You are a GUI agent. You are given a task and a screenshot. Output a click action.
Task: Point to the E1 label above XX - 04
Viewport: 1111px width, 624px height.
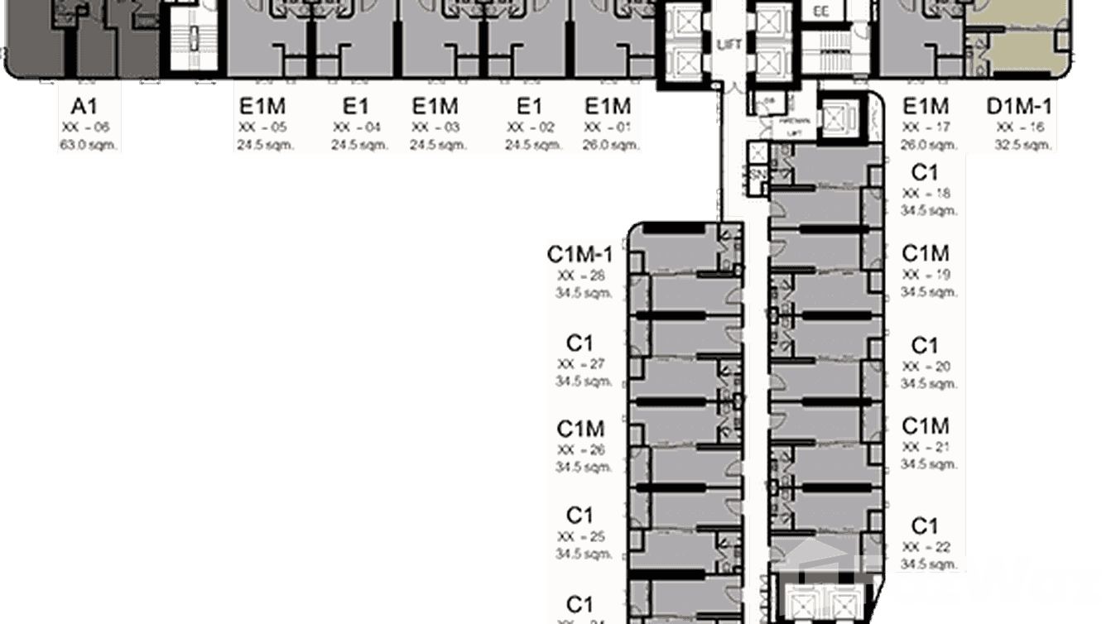(x=355, y=107)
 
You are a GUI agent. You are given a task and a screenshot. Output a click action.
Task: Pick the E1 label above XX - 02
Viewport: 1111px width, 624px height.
(x=529, y=107)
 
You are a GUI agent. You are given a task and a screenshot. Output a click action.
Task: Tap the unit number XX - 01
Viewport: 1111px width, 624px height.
(x=608, y=127)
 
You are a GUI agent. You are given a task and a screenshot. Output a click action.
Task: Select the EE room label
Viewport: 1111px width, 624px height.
(x=821, y=12)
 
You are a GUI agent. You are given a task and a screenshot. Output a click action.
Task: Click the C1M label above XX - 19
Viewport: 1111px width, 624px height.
(x=926, y=253)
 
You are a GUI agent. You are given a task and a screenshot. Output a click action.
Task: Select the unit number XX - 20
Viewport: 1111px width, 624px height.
(x=926, y=367)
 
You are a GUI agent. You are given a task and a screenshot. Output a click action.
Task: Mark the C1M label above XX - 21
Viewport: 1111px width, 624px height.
(x=926, y=427)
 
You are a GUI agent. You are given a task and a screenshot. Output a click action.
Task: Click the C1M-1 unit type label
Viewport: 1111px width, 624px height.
(x=580, y=253)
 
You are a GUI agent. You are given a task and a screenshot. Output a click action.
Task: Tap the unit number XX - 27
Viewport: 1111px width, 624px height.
(x=581, y=364)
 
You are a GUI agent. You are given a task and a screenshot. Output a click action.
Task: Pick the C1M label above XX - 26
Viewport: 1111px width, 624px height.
(x=581, y=430)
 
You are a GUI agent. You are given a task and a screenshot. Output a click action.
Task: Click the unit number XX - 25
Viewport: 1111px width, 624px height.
(x=581, y=537)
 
